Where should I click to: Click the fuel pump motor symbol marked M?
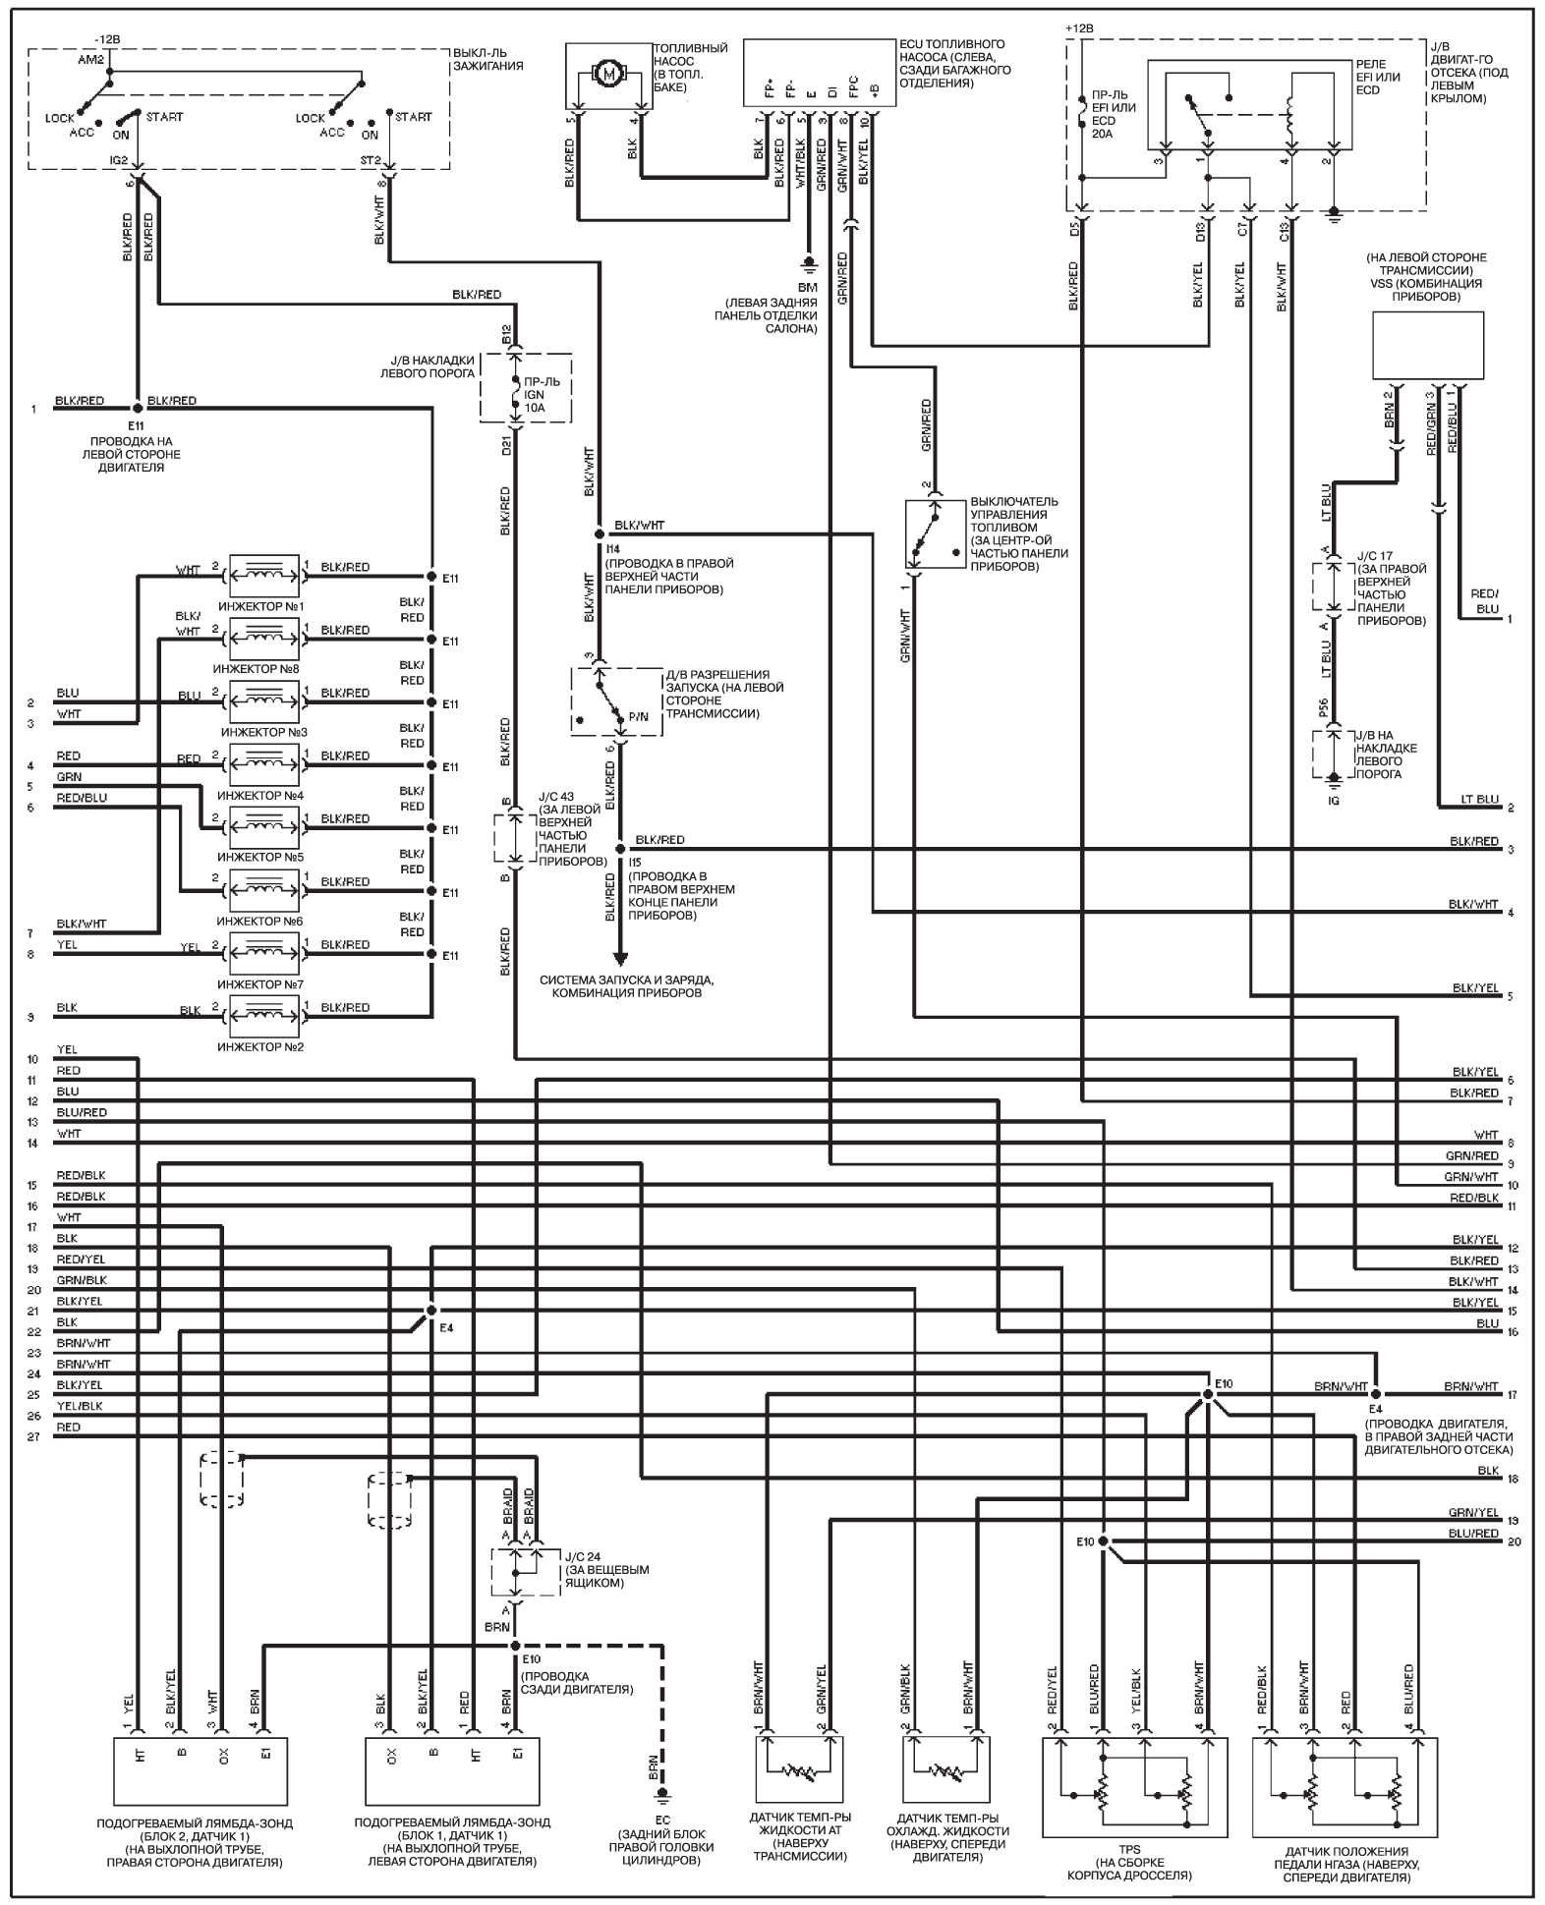(x=609, y=73)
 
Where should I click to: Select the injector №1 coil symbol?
(x=263, y=569)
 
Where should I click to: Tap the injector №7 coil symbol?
(x=263, y=947)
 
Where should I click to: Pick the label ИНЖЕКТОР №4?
(x=261, y=795)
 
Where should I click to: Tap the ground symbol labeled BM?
(x=808, y=263)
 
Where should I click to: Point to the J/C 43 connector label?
(x=554, y=810)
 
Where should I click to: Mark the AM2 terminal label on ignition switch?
(x=89, y=60)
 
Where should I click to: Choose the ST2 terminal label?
(x=371, y=159)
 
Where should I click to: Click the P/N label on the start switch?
(x=638, y=717)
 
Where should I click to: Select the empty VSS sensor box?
(x=1427, y=345)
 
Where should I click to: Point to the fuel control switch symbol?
(x=935, y=534)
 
